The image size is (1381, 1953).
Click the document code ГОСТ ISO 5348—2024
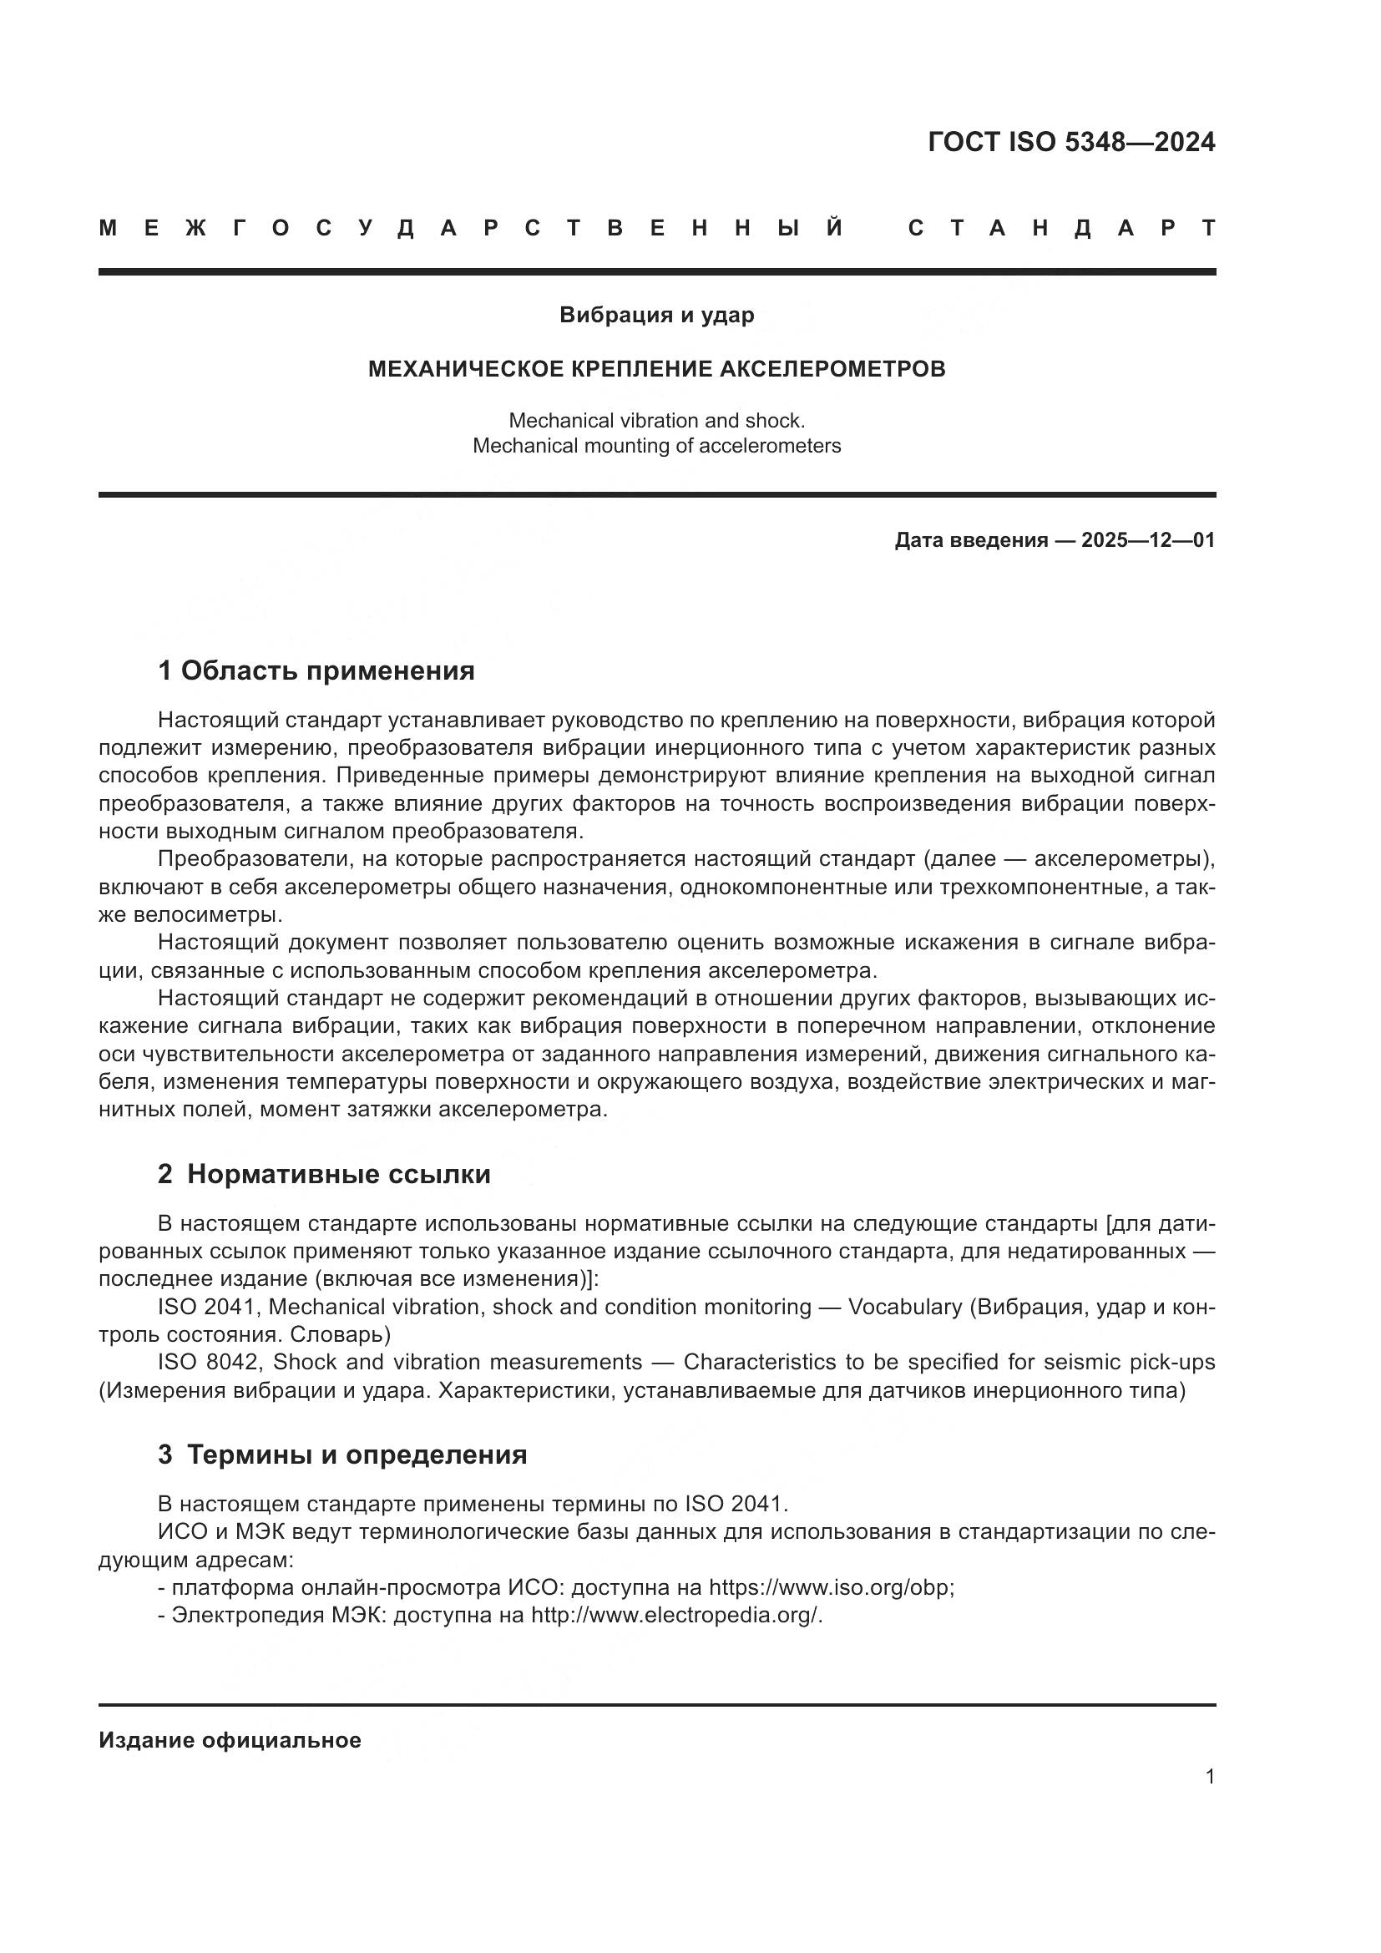(x=1070, y=142)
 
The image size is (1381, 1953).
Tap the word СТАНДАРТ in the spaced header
(x=1061, y=228)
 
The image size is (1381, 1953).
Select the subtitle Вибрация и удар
(x=656, y=316)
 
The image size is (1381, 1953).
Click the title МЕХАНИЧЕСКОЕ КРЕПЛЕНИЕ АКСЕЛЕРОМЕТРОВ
(x=656, y=369)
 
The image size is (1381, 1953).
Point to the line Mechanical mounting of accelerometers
(x=656, y=446)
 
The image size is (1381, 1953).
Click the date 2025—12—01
(x=1147, y=540)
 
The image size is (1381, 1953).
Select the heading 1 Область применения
(x=316, y=671)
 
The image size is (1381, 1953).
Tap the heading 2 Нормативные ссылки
(x=324, y=1175)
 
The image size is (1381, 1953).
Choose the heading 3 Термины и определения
(x=341, y=1455)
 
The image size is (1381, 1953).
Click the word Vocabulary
(x=905, y=1307)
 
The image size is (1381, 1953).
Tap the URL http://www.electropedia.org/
(x=675, y=1615)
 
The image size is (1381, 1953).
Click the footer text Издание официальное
(x=230, y=1740)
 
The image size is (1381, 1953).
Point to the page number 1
(x=1209, y=1776)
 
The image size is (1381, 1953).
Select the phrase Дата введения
(x=970, y=540)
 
